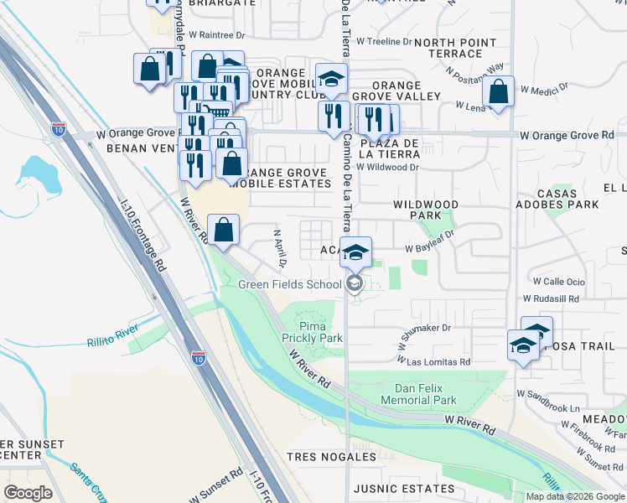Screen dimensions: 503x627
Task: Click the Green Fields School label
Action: pyautogui.click(x=289, y=284)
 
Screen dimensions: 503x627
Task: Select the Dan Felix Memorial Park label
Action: pyautogui.click(x=426, y=394)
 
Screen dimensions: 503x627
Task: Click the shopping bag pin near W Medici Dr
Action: pyautogui.click(x=498, y=93)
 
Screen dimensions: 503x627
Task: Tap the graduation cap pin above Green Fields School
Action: pyautogui.click(x=355, y=251)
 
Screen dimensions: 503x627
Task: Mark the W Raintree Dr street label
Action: pyautogui.click(x=216, y=36)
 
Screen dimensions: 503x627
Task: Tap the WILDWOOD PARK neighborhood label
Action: pyautogui.click(x=426, y=210)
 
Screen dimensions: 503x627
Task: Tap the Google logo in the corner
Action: pyautogui.click(x=28, y=493)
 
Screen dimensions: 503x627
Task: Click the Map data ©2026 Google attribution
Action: pyautogui.click(x=574, y=496)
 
